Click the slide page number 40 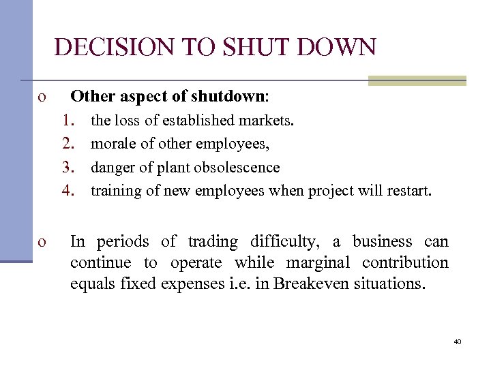coord(457,341)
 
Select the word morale coord(111,144)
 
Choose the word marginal coord(321,262)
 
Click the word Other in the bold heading coord(88,94)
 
